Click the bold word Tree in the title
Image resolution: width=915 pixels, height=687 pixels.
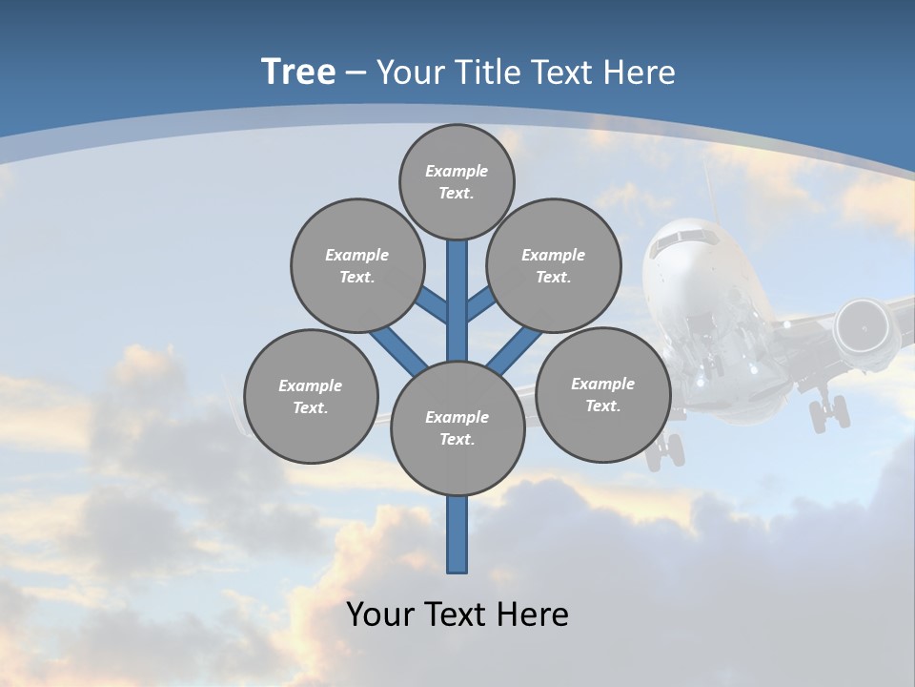(298, 72)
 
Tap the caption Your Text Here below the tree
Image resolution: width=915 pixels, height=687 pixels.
(457, 614)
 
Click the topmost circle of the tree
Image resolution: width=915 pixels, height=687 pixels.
(457, 181)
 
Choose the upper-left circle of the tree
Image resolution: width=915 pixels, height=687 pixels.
(356, 265)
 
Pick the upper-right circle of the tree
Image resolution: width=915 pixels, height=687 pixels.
(553, 265)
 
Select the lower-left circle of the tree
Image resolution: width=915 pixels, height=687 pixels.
(311, 396)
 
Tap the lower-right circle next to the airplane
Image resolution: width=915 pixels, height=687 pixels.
(602, 394)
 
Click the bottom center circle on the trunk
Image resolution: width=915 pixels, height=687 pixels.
(457, 427)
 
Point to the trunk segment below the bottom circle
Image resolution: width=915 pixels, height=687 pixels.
(457, 534)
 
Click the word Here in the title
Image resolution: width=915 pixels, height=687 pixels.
(638, 72)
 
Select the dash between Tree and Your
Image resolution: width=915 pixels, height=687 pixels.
(356, 73)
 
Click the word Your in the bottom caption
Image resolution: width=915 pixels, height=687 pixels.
(380, 614)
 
